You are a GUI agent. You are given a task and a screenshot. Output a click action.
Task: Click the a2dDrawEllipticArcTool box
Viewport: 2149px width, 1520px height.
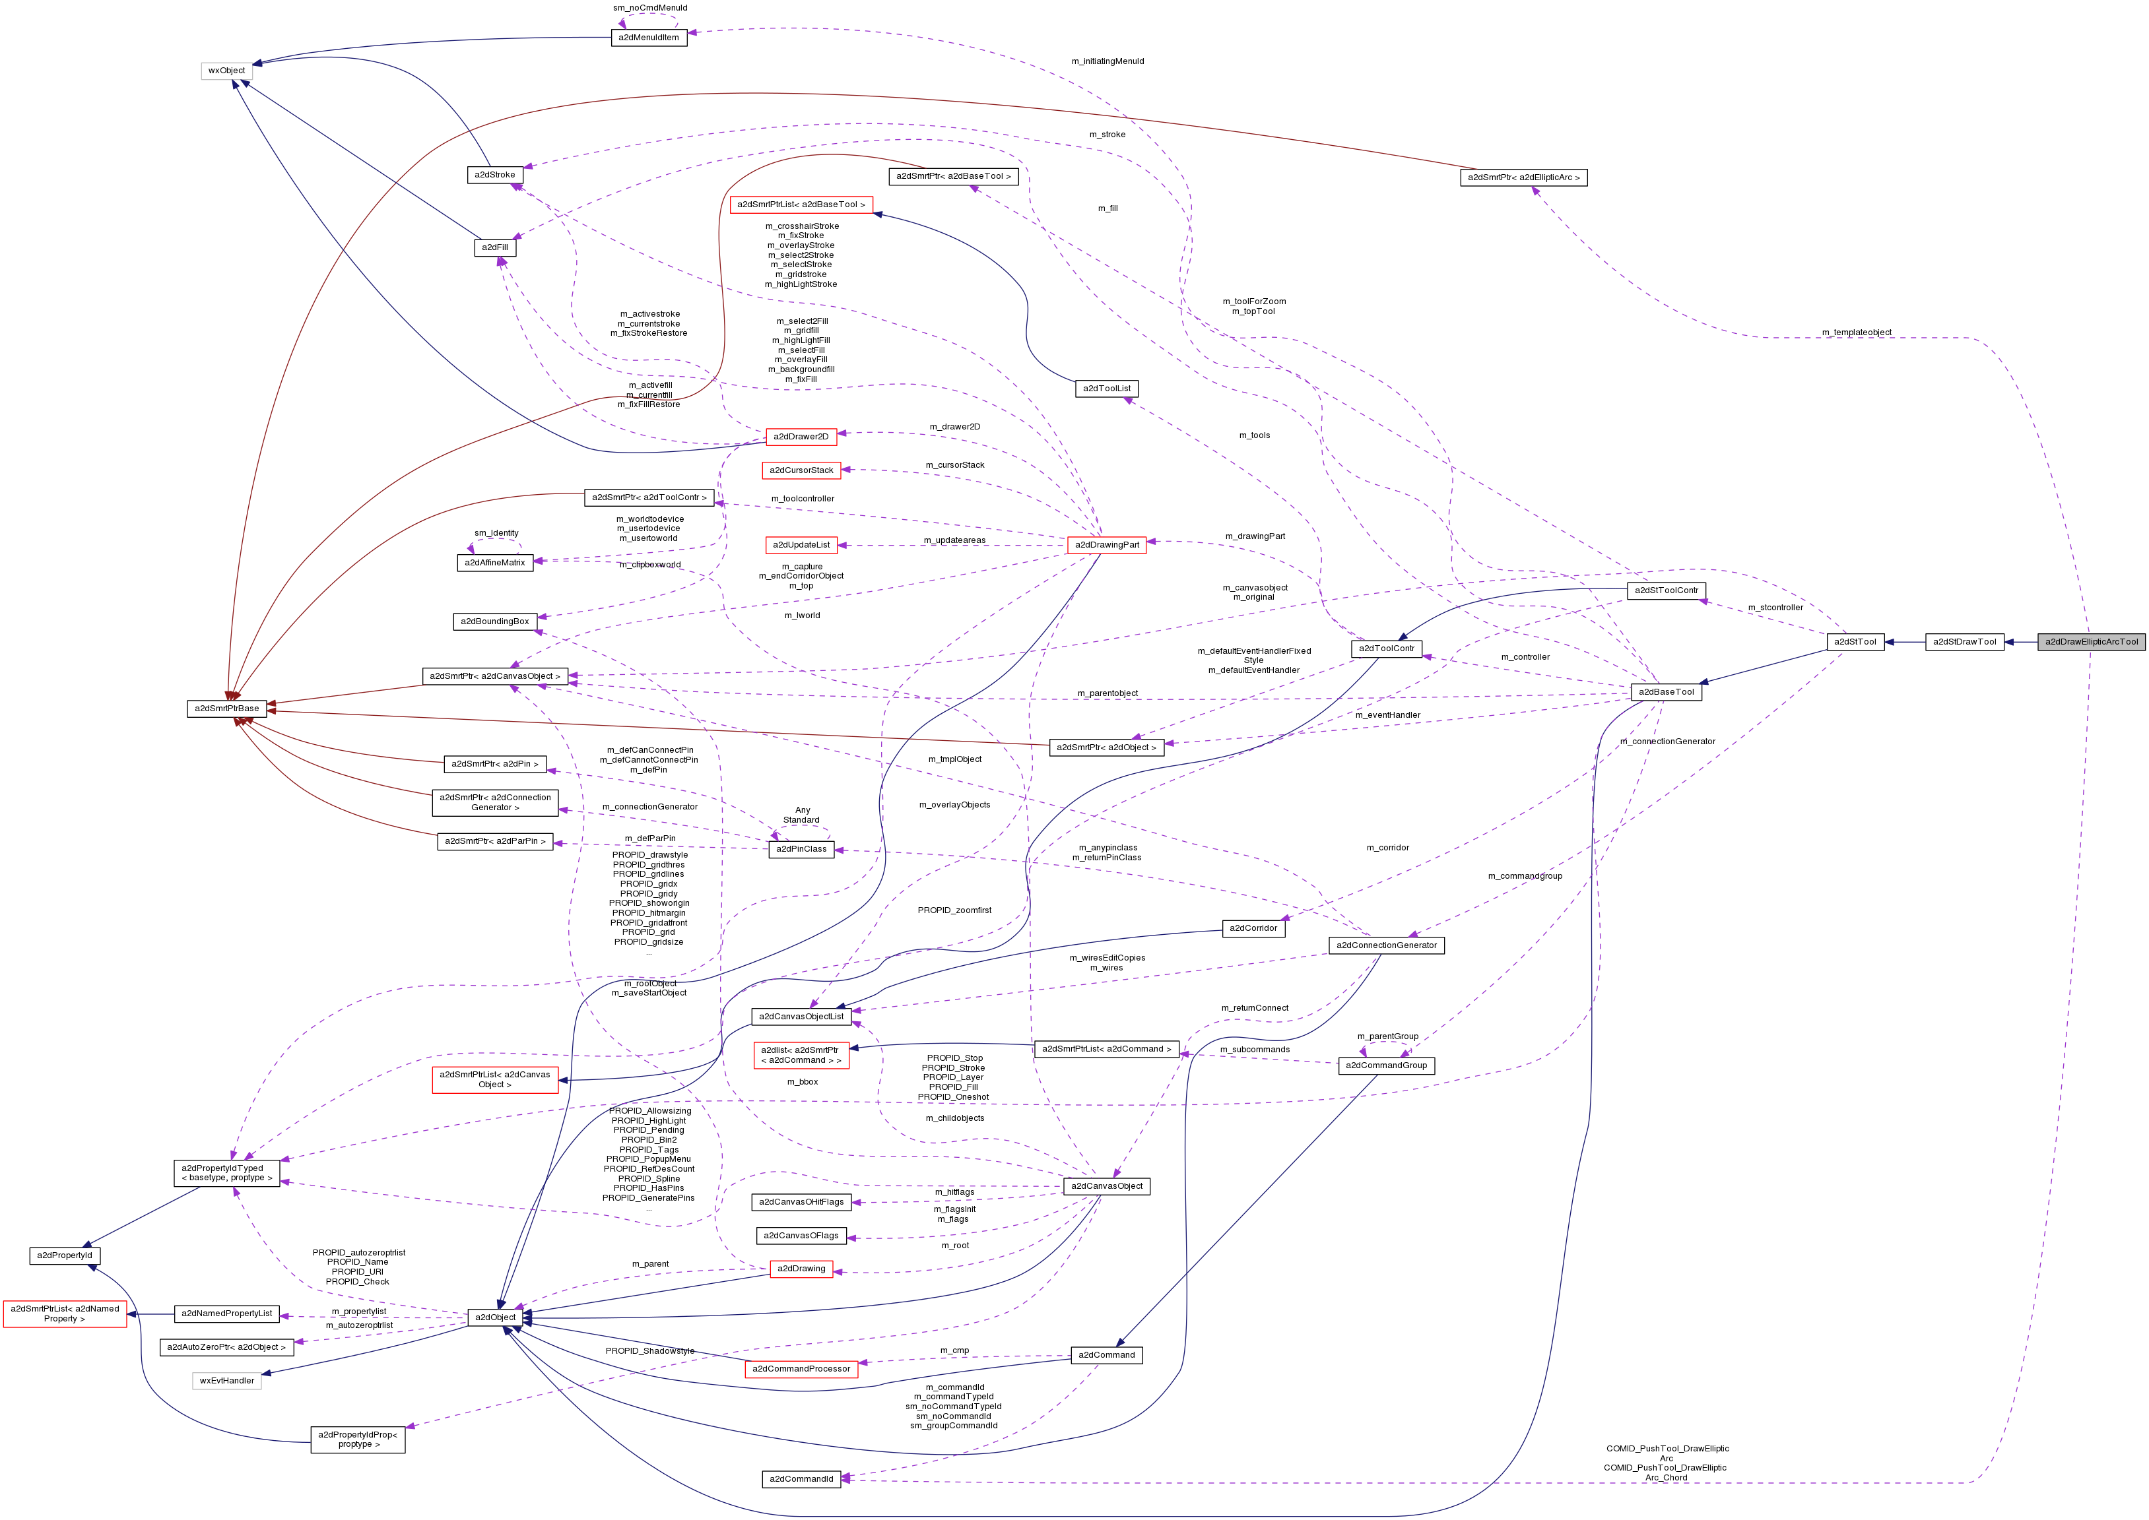[2090, 642]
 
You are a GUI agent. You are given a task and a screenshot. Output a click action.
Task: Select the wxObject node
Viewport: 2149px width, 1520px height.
[226, 70]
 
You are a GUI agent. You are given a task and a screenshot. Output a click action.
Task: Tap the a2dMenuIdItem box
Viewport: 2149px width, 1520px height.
[649, 38]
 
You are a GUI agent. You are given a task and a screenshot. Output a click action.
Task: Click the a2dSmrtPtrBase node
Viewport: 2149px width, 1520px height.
[226, 709]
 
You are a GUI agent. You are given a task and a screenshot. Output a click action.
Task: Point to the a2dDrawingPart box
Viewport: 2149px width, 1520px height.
[1107, 545]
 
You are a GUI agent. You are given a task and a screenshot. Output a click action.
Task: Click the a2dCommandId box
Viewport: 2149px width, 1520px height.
[801, 1479]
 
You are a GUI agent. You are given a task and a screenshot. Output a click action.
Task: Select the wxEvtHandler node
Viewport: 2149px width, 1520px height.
[226, 1381]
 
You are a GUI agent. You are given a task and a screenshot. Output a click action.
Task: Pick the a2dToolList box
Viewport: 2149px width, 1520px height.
[1106, 389]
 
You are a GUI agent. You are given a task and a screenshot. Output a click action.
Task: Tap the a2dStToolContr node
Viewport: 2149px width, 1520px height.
[1666, 590]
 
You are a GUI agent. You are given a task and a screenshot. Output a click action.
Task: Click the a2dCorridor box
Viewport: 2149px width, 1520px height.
[1253, 928]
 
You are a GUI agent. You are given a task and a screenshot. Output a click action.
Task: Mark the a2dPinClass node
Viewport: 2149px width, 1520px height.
[801, 849]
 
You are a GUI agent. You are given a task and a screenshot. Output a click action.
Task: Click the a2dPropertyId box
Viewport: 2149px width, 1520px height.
[65, 1255]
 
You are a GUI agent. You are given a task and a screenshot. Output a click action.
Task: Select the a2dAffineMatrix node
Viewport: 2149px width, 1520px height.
[494, 563]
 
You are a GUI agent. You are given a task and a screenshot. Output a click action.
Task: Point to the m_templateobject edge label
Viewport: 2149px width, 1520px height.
[1856, 332]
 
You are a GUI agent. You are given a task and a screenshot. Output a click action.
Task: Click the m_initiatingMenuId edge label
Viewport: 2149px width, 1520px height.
[1107, 62]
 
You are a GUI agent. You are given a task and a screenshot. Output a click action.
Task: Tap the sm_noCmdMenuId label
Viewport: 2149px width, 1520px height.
[650, 7]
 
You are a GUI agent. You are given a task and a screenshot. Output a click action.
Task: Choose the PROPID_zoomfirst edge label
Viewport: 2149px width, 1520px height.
[954, 910]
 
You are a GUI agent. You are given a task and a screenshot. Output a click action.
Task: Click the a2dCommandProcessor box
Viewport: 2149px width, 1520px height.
[801, 1368]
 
